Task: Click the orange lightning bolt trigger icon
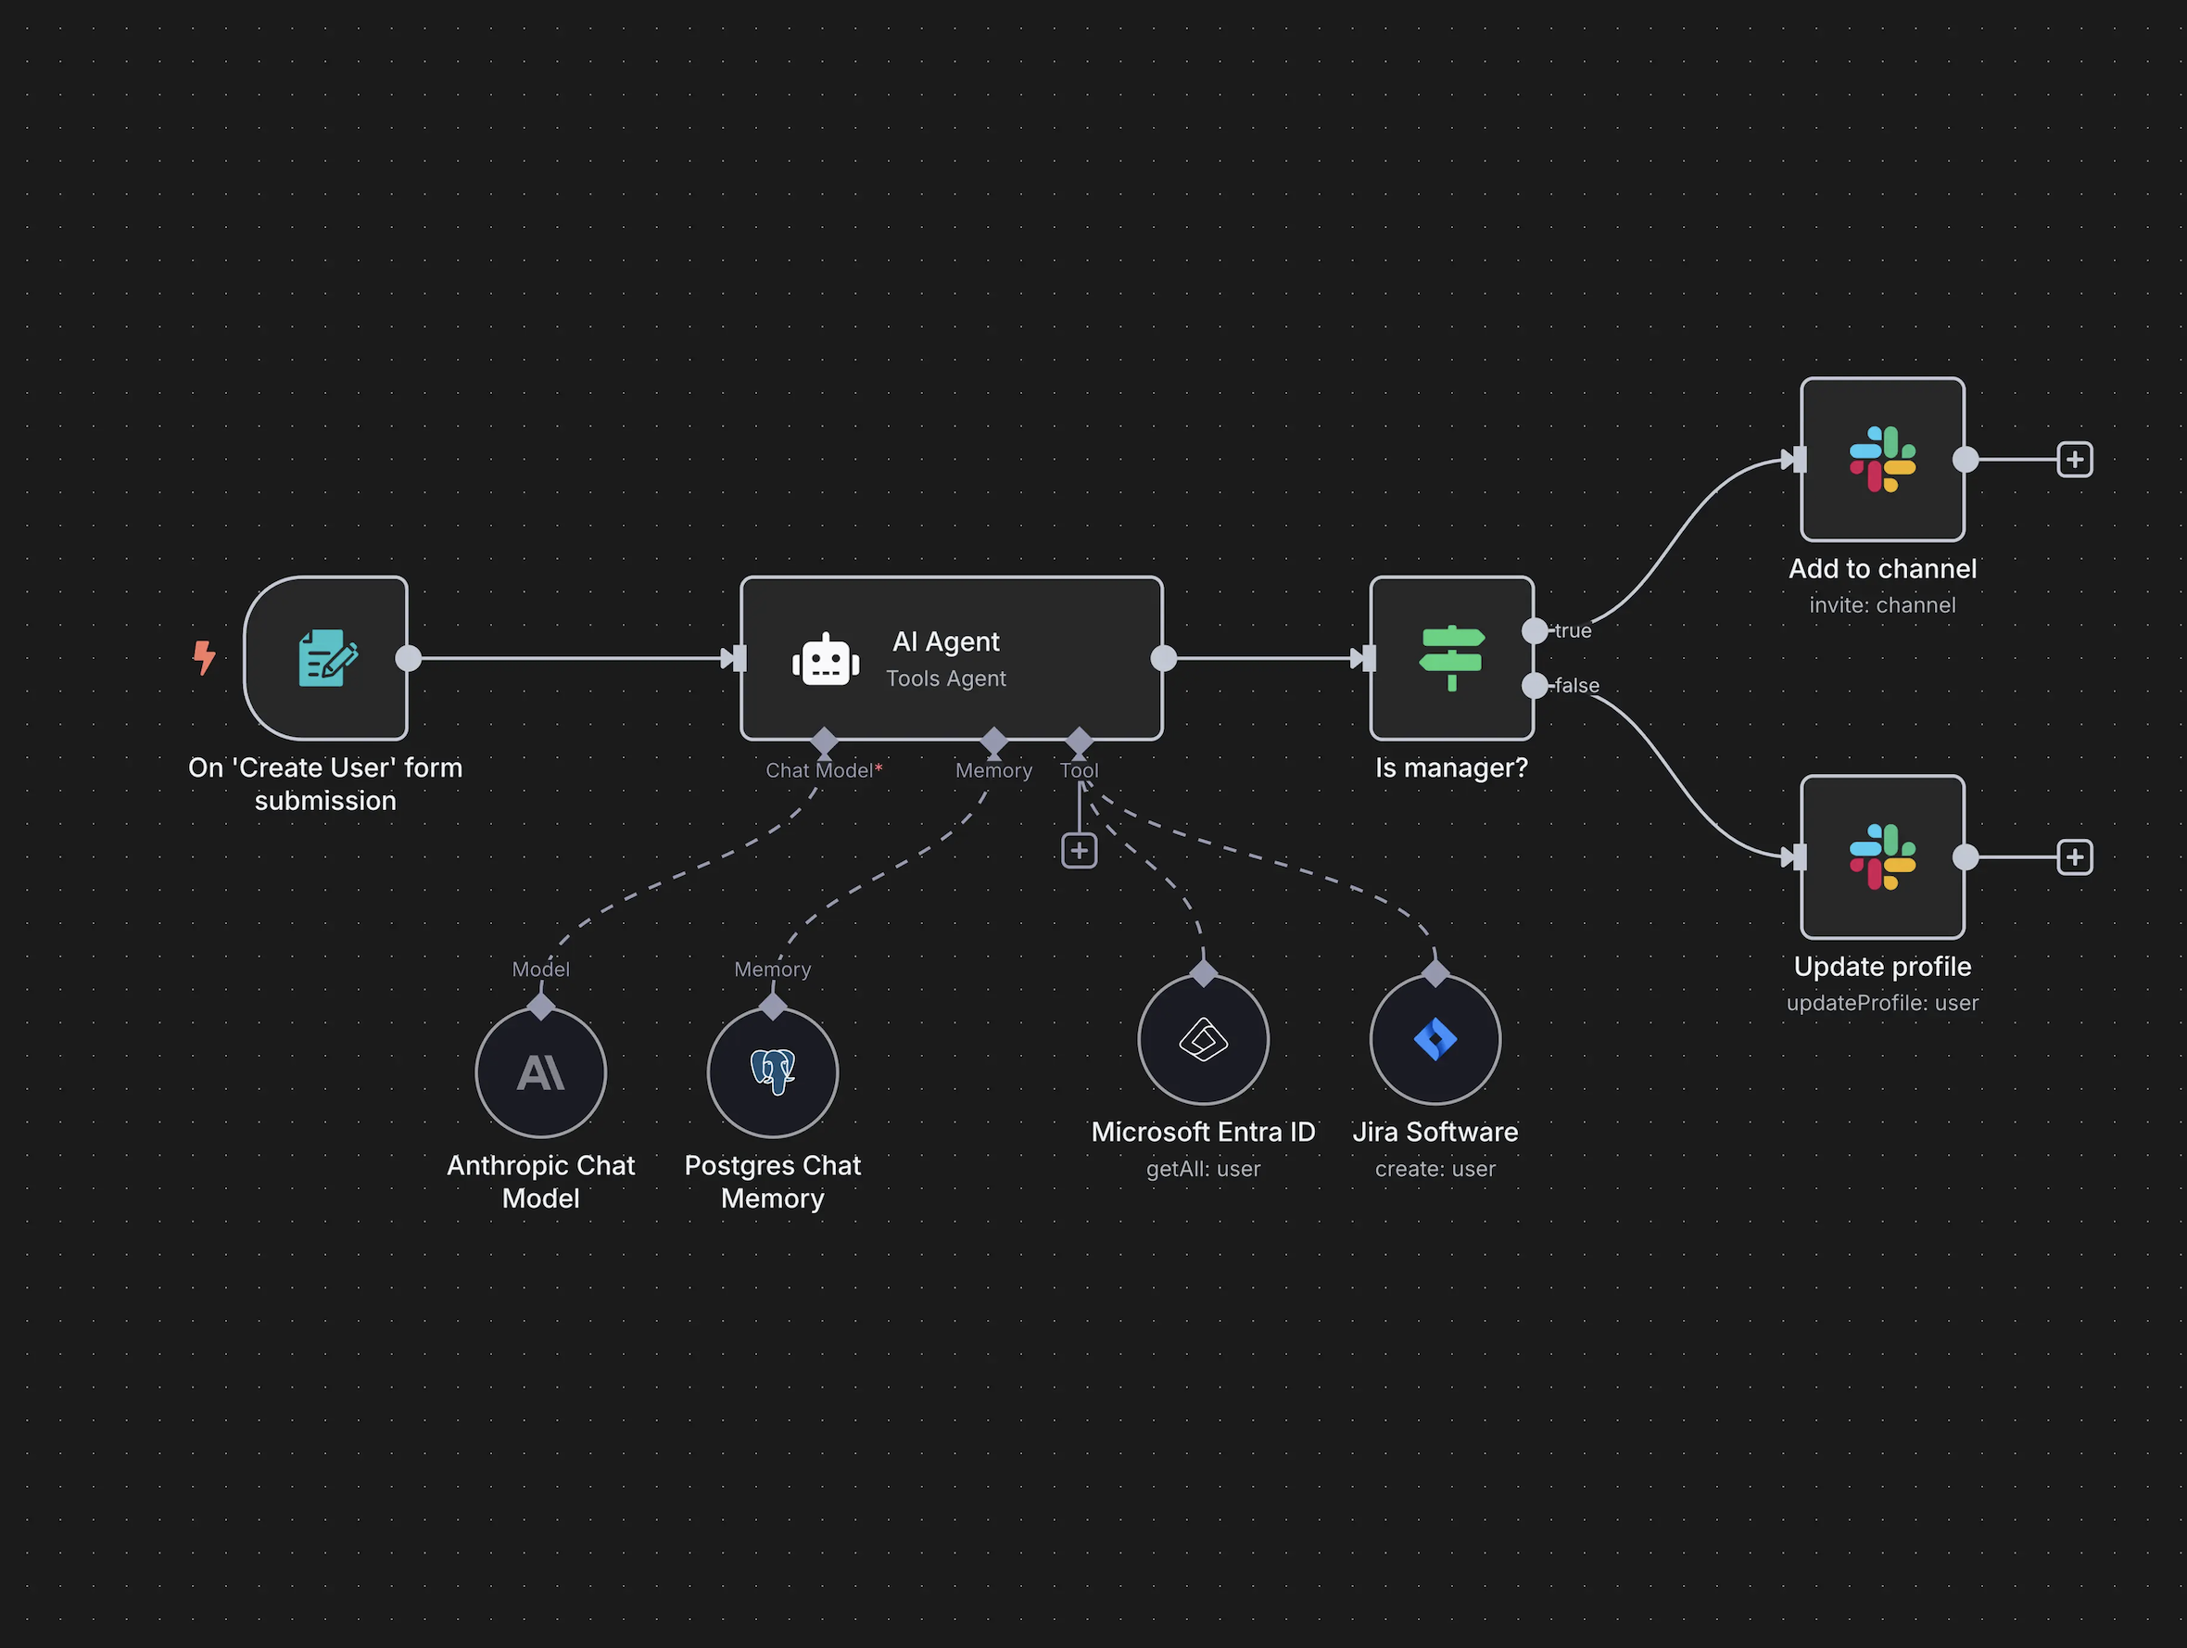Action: coord(204,657)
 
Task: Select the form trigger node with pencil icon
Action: coord(326,658)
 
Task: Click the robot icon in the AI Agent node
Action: coord(826,660)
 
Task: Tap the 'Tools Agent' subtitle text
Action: coord(945,678)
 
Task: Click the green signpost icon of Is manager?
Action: coord(1451,658)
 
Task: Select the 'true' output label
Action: coord(1573,630)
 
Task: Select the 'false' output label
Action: coord(1577,686)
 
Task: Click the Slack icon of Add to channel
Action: coord(1881,459)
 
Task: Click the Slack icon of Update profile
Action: coord(1881,856)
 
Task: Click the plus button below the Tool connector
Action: coord(1079,850)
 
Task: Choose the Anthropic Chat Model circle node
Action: coord(541,1072)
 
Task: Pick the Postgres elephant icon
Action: coord(772,1071)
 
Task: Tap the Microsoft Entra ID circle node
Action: coord(1203,1040)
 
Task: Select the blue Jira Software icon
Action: coord(1435,1040)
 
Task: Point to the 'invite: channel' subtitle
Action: coord(1881,605)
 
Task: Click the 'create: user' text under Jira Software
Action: coord(1435,1169)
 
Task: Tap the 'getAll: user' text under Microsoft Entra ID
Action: coord(1203,1169)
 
